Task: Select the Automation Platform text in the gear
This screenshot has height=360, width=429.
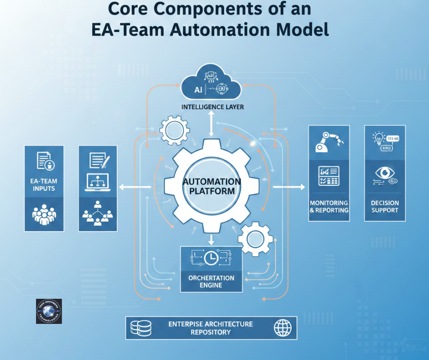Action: (x=211, y=186)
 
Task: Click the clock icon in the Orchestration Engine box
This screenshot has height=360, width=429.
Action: (x=211, y=259)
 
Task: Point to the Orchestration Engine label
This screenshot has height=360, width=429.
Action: (x=211, y=281)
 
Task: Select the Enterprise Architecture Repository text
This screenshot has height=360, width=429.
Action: (x=210, y=328)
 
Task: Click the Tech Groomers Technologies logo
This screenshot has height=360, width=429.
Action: (x=49, y=312)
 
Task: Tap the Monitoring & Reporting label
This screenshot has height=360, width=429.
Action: (x=329, y=206)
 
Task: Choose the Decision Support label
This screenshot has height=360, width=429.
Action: (x=385, y=206)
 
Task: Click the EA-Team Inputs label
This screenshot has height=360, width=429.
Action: (x=44, y=185)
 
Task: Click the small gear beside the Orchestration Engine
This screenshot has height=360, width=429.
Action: (x=256, y=239)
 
